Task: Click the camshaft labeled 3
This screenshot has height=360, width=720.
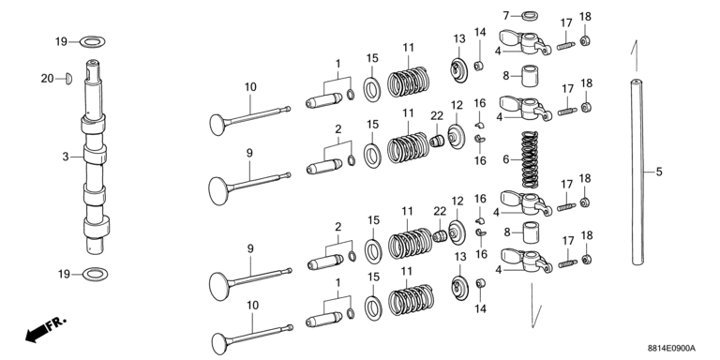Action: click(95, 157)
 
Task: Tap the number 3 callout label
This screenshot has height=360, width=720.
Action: click(66, 157)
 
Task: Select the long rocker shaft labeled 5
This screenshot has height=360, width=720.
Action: click(637, 172)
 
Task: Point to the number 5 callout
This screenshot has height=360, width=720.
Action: click(659, 172)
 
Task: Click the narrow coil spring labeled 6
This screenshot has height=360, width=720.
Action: click(530, 159)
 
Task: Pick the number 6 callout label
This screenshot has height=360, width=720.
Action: click(506, 159)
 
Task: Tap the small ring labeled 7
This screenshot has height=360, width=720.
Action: click(531, 16)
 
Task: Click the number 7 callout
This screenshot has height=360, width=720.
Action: click(506, 16)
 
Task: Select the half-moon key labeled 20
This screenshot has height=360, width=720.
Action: click(67, 79)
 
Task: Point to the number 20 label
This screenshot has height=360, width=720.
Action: click(47, 79)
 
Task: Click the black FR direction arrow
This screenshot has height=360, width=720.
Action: click(37, 333)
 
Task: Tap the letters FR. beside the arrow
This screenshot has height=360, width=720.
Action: click(57, 322)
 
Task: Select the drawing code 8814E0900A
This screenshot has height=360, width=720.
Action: click(671, 349)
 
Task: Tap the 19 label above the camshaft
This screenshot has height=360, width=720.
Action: click(62, 42)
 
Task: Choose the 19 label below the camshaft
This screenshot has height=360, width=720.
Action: click(65, 275)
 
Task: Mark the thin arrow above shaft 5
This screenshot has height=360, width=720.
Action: click(636, 55)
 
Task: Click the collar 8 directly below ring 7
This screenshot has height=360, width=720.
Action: click(531, 76)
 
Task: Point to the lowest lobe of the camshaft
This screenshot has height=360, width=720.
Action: click(97, 226)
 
